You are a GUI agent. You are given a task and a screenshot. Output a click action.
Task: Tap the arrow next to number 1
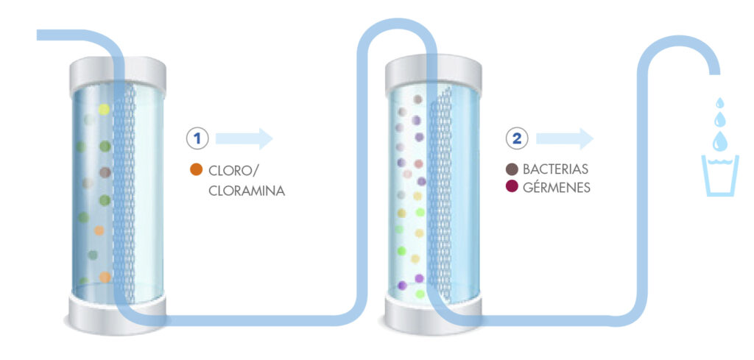244,138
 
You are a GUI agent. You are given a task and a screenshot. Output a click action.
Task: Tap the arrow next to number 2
565,138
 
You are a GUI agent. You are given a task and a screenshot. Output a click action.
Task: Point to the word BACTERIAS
554,169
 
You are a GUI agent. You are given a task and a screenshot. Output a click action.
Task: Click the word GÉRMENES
556,188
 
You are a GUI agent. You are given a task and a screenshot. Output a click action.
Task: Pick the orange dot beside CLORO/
196,170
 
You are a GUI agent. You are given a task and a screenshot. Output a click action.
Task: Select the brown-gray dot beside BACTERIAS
512,169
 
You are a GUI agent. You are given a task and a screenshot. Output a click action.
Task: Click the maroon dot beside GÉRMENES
512,188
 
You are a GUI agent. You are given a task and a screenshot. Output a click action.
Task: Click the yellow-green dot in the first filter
104,110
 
